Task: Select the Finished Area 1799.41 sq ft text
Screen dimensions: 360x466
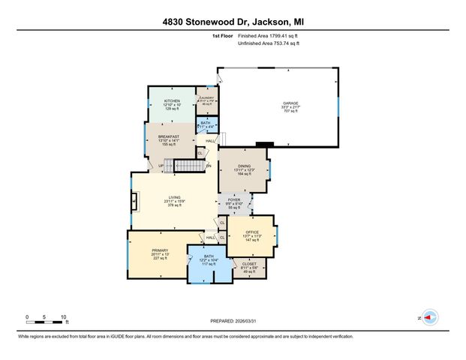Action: (269, 35)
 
